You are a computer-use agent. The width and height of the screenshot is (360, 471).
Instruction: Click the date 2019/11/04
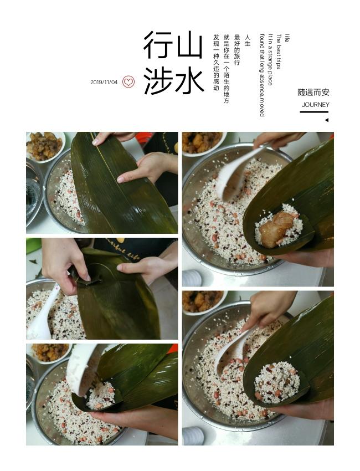click(x=104, y=83)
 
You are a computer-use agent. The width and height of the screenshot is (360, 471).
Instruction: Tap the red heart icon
click(x=128, y=81)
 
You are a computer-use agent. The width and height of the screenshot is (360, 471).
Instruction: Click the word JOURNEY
click(x=315, y=105)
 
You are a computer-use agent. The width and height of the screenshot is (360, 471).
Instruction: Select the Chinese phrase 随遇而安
click(x=313, y=92)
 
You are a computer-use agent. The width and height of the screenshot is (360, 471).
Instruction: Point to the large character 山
click(x=189, y=44)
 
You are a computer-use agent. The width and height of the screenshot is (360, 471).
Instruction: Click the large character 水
click(x=189, y=80)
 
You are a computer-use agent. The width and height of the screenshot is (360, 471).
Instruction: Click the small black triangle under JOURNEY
click(x=327, y=120)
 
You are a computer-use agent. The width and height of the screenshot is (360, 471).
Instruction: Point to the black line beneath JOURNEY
click(x=314, y=112)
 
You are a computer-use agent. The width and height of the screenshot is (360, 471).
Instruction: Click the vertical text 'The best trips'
click(x=279, y=51)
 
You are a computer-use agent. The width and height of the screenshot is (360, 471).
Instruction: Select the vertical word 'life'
click(x=287, y=38)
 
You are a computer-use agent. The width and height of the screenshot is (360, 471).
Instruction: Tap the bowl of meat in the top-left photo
click(x=45, y=147)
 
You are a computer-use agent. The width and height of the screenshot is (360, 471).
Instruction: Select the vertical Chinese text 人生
click(x=248, y=40)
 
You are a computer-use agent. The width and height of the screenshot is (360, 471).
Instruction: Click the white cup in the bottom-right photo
click(x=193, y=436)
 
